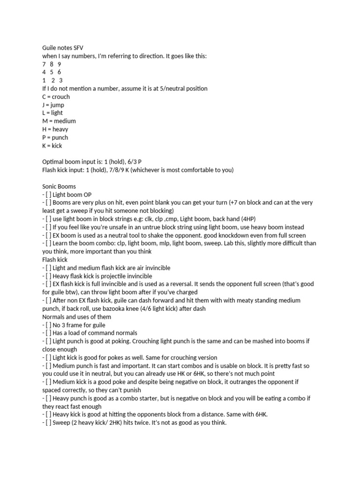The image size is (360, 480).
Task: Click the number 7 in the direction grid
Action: coord(44,64)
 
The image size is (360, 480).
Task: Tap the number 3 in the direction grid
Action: coord(61,80)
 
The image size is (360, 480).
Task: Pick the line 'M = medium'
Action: coord(59,121)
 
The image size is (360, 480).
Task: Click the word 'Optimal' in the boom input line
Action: coord(53,162)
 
